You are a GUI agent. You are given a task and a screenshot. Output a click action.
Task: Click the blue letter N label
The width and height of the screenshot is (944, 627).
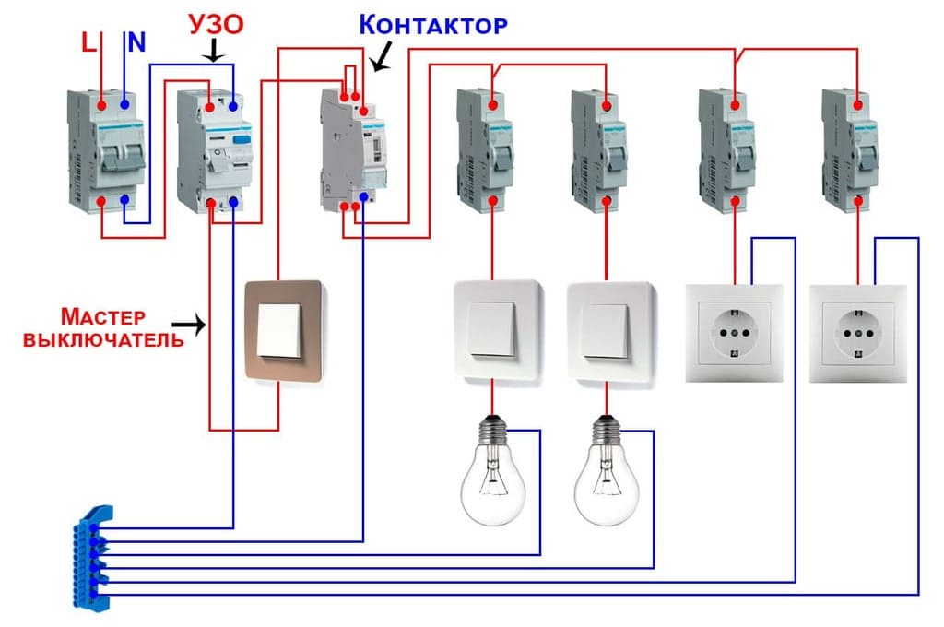click(136, 41)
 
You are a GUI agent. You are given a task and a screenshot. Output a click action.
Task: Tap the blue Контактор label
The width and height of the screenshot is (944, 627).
click(432, 24)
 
